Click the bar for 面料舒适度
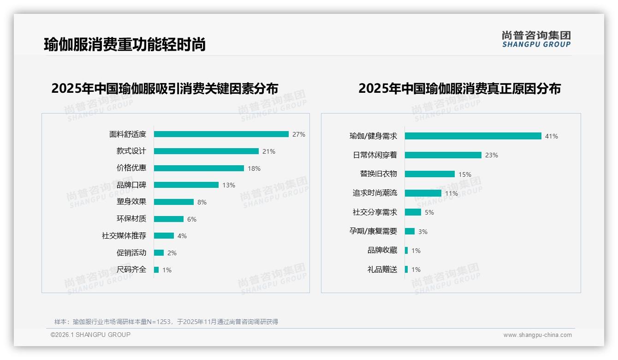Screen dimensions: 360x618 click(221, 134)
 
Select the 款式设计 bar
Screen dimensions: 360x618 click(206, 151)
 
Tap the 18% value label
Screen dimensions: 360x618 click(254, 168)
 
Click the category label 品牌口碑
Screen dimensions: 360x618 click(131, 185)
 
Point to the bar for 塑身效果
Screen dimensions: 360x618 click(174, 202)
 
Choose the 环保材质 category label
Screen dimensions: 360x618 click(131, 219)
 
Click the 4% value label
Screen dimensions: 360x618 click(182, 236)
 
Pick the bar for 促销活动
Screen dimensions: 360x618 click(159, 253)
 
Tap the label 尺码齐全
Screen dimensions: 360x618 click(131, 270)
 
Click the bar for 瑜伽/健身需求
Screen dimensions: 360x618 click(473, 136)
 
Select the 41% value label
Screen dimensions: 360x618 click(552, 136)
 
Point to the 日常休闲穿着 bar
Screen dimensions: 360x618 click(443, 155)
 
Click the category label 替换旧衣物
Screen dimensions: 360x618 click(379, 174)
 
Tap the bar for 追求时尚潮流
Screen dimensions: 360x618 click(423, 193)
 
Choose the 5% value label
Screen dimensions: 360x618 click(429, 212)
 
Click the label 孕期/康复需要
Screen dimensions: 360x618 click(373, 231)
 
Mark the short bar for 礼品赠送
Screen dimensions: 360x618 click(406, 270)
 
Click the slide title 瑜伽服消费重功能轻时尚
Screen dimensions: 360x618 click(125, 44)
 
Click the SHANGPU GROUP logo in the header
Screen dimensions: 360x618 click(536, 39)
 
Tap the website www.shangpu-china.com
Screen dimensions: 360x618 click(537, 335)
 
